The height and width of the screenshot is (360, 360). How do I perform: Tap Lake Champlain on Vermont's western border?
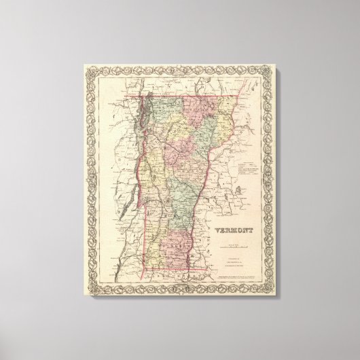[x=142, y=129]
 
